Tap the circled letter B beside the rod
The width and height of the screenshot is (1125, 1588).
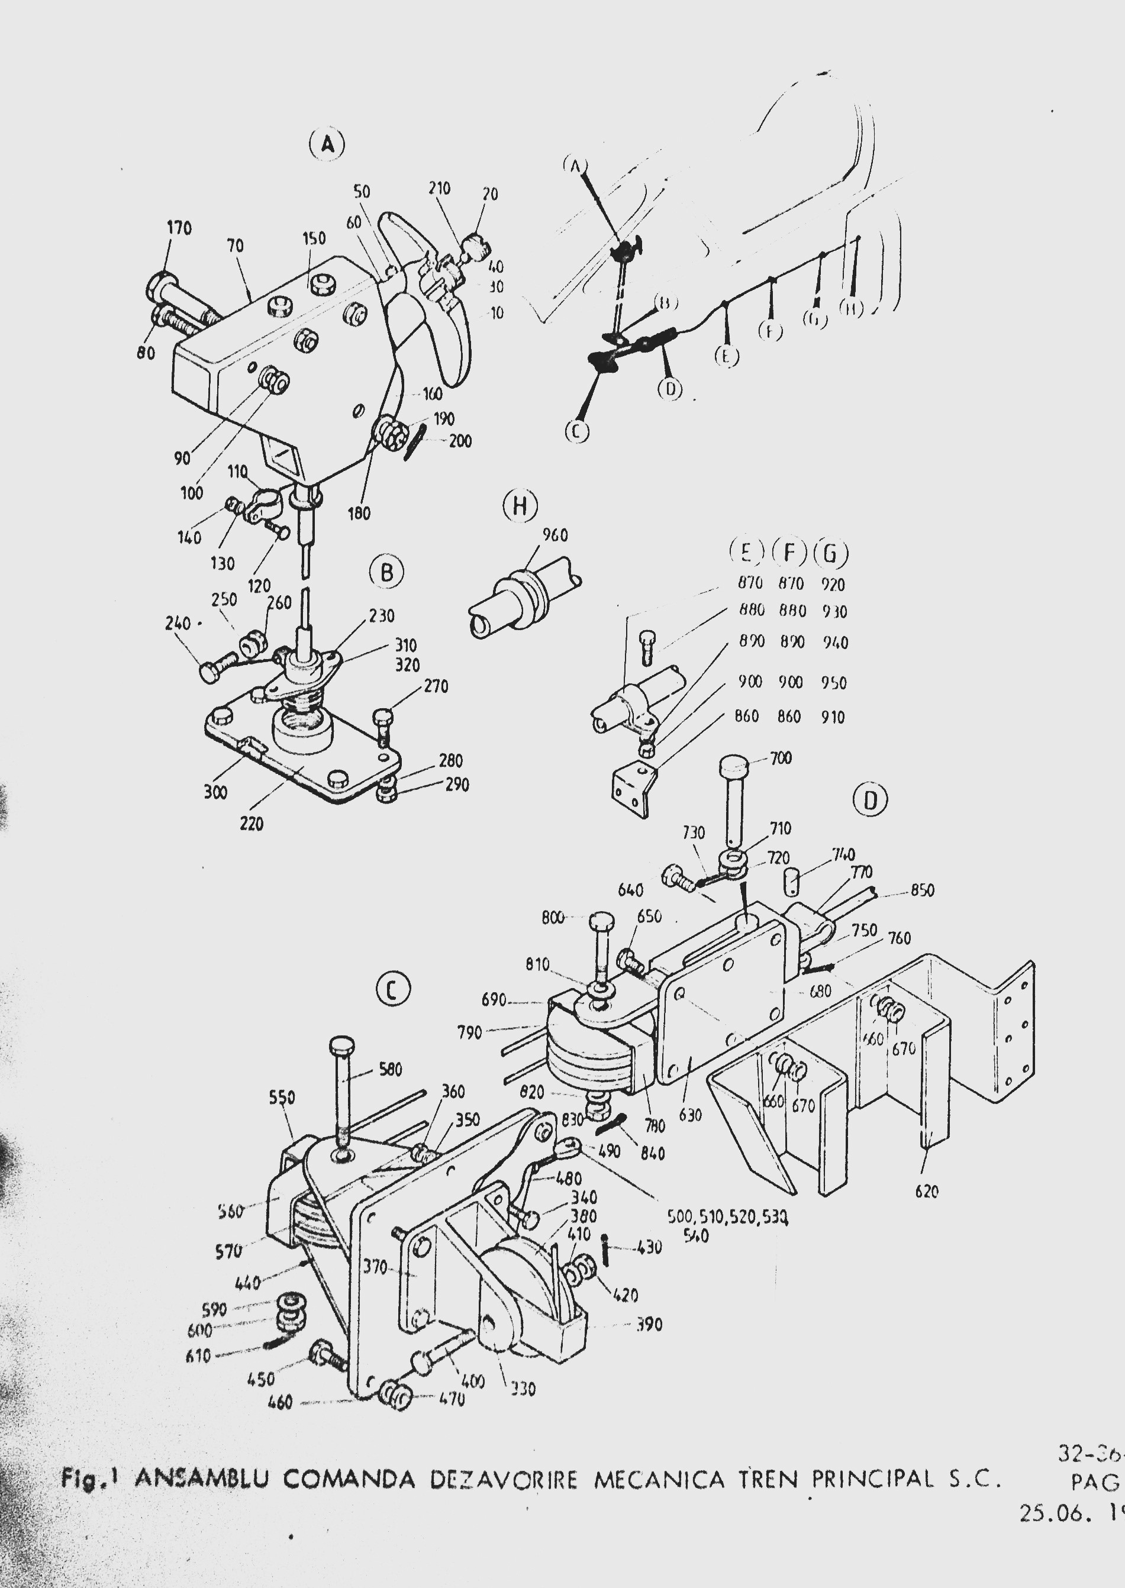coord(386,573)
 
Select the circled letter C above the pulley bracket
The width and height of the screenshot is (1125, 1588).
coord(393,990)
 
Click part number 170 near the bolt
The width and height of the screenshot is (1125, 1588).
coord(179,228)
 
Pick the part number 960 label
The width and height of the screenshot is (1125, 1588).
coord(555,535)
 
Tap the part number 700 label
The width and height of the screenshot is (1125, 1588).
coord(781,758)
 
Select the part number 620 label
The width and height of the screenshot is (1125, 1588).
coord(926,1191)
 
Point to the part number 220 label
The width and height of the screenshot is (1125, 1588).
coord(252,824)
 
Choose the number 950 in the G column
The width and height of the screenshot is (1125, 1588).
coord(833,683)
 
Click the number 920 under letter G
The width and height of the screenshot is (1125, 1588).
coord(833,585)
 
